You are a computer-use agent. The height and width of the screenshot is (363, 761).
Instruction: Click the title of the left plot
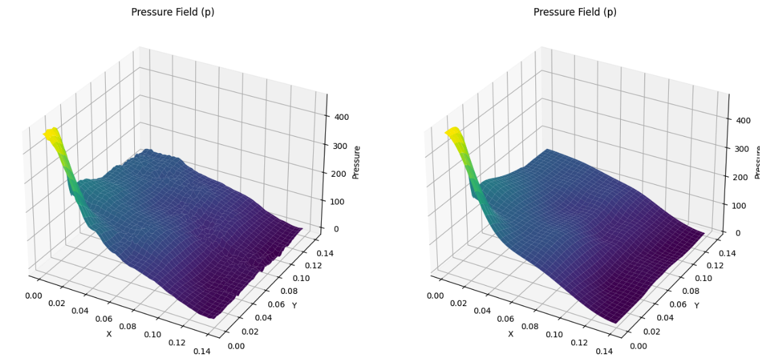(x=172, y=12)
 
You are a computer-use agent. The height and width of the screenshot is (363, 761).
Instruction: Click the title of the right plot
(x=575, y=12)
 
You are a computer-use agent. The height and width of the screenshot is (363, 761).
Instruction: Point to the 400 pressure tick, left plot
(x=340, y=116)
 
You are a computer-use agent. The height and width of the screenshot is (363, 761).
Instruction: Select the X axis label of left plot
(x=108, y=334)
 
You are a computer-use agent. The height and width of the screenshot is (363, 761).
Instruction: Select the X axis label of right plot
(x=511, y=334)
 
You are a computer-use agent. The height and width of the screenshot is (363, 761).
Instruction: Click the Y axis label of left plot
(x=294, y=306)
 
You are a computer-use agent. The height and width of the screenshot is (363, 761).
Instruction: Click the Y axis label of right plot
(x=696, y=306)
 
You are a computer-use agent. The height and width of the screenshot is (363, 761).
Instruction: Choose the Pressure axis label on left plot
(x=356, y=162)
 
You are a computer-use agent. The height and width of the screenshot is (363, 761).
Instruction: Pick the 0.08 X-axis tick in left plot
(x=127, y=326)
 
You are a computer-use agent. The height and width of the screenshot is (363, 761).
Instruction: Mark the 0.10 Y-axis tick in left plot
(x=300, y=278)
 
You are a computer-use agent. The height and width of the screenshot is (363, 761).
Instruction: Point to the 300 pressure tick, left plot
(x=340, y=146)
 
